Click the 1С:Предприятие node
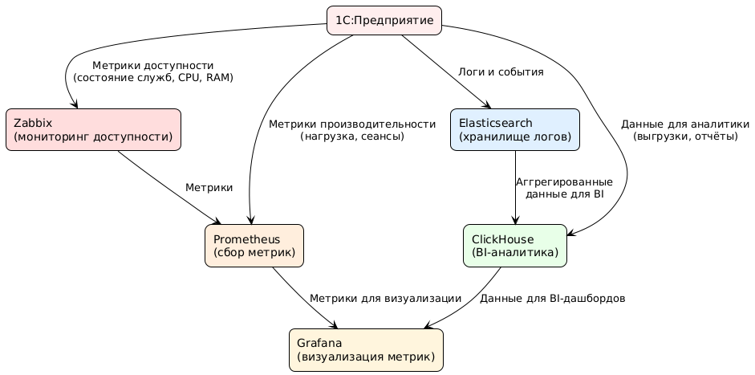coord(384,20)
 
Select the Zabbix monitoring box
coord(93,129)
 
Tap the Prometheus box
coord(254,245)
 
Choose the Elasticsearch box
coord(514,129)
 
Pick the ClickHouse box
coord(515,245)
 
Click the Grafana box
coord(366,349)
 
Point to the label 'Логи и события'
coord(501,72)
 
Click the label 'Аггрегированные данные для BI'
coord(564,188)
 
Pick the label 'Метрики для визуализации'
coord(385,298)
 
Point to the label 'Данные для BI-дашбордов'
coord(552,298)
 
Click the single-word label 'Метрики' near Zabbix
coord(209,187)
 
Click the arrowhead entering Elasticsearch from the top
coord(487,104)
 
